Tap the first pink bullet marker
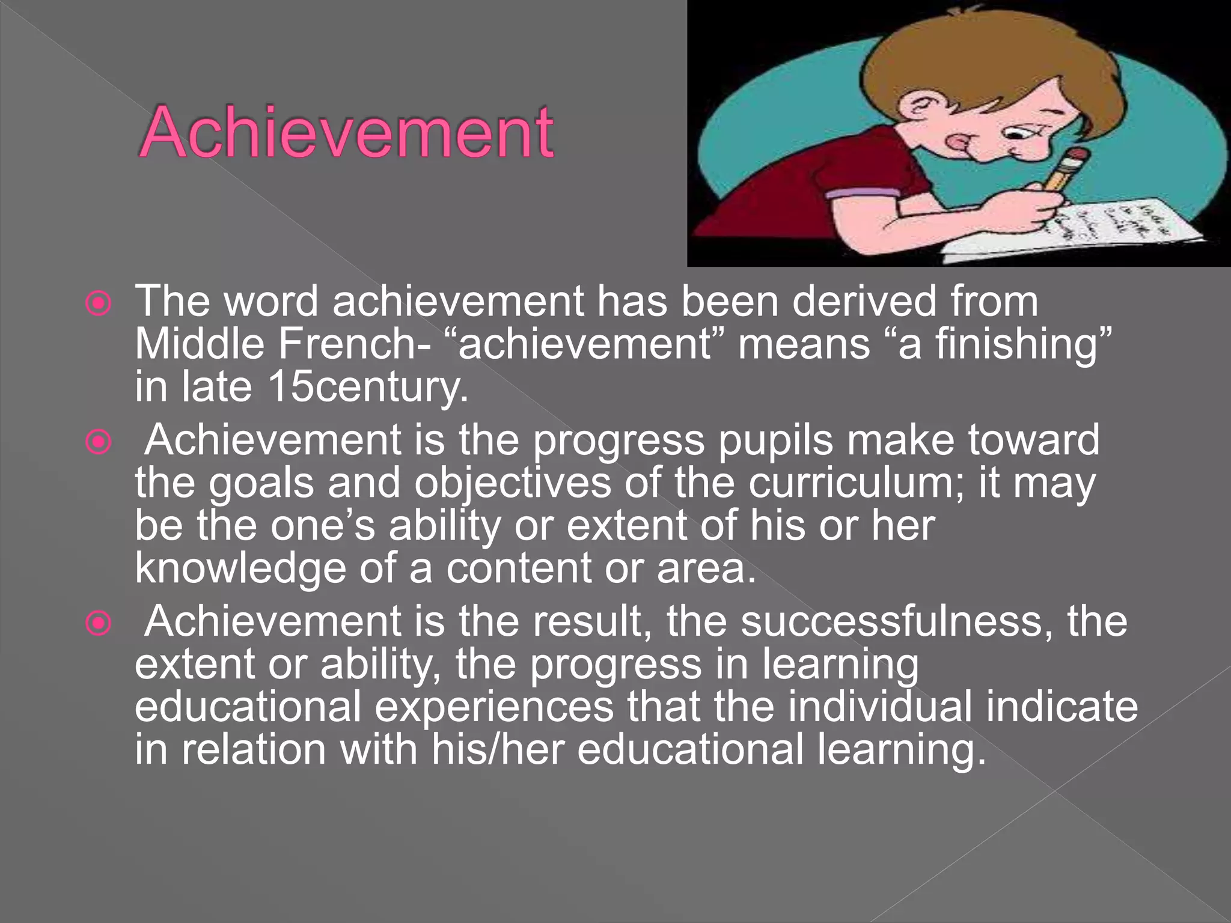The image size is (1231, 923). click(x=99, y=304)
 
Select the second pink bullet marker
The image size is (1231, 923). click(x=99, y=443)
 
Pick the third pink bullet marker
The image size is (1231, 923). click(x=99, y=624)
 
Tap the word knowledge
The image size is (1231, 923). click(x=240, y=568)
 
